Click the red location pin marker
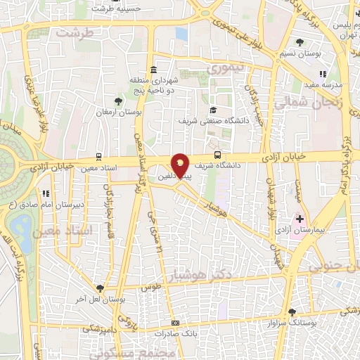pos(181,165)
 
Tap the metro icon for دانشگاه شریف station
pos(218,154)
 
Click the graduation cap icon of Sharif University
pos(213,110)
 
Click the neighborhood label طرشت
pos(75,33)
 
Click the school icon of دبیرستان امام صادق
pos(45,193)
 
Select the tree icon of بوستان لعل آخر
pos(100,288)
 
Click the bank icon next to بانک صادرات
pos(175,323)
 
